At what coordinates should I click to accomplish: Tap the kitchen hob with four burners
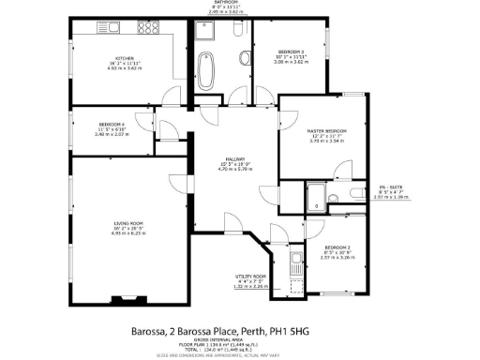point(149,27)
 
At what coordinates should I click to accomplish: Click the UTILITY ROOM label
point(250,277)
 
